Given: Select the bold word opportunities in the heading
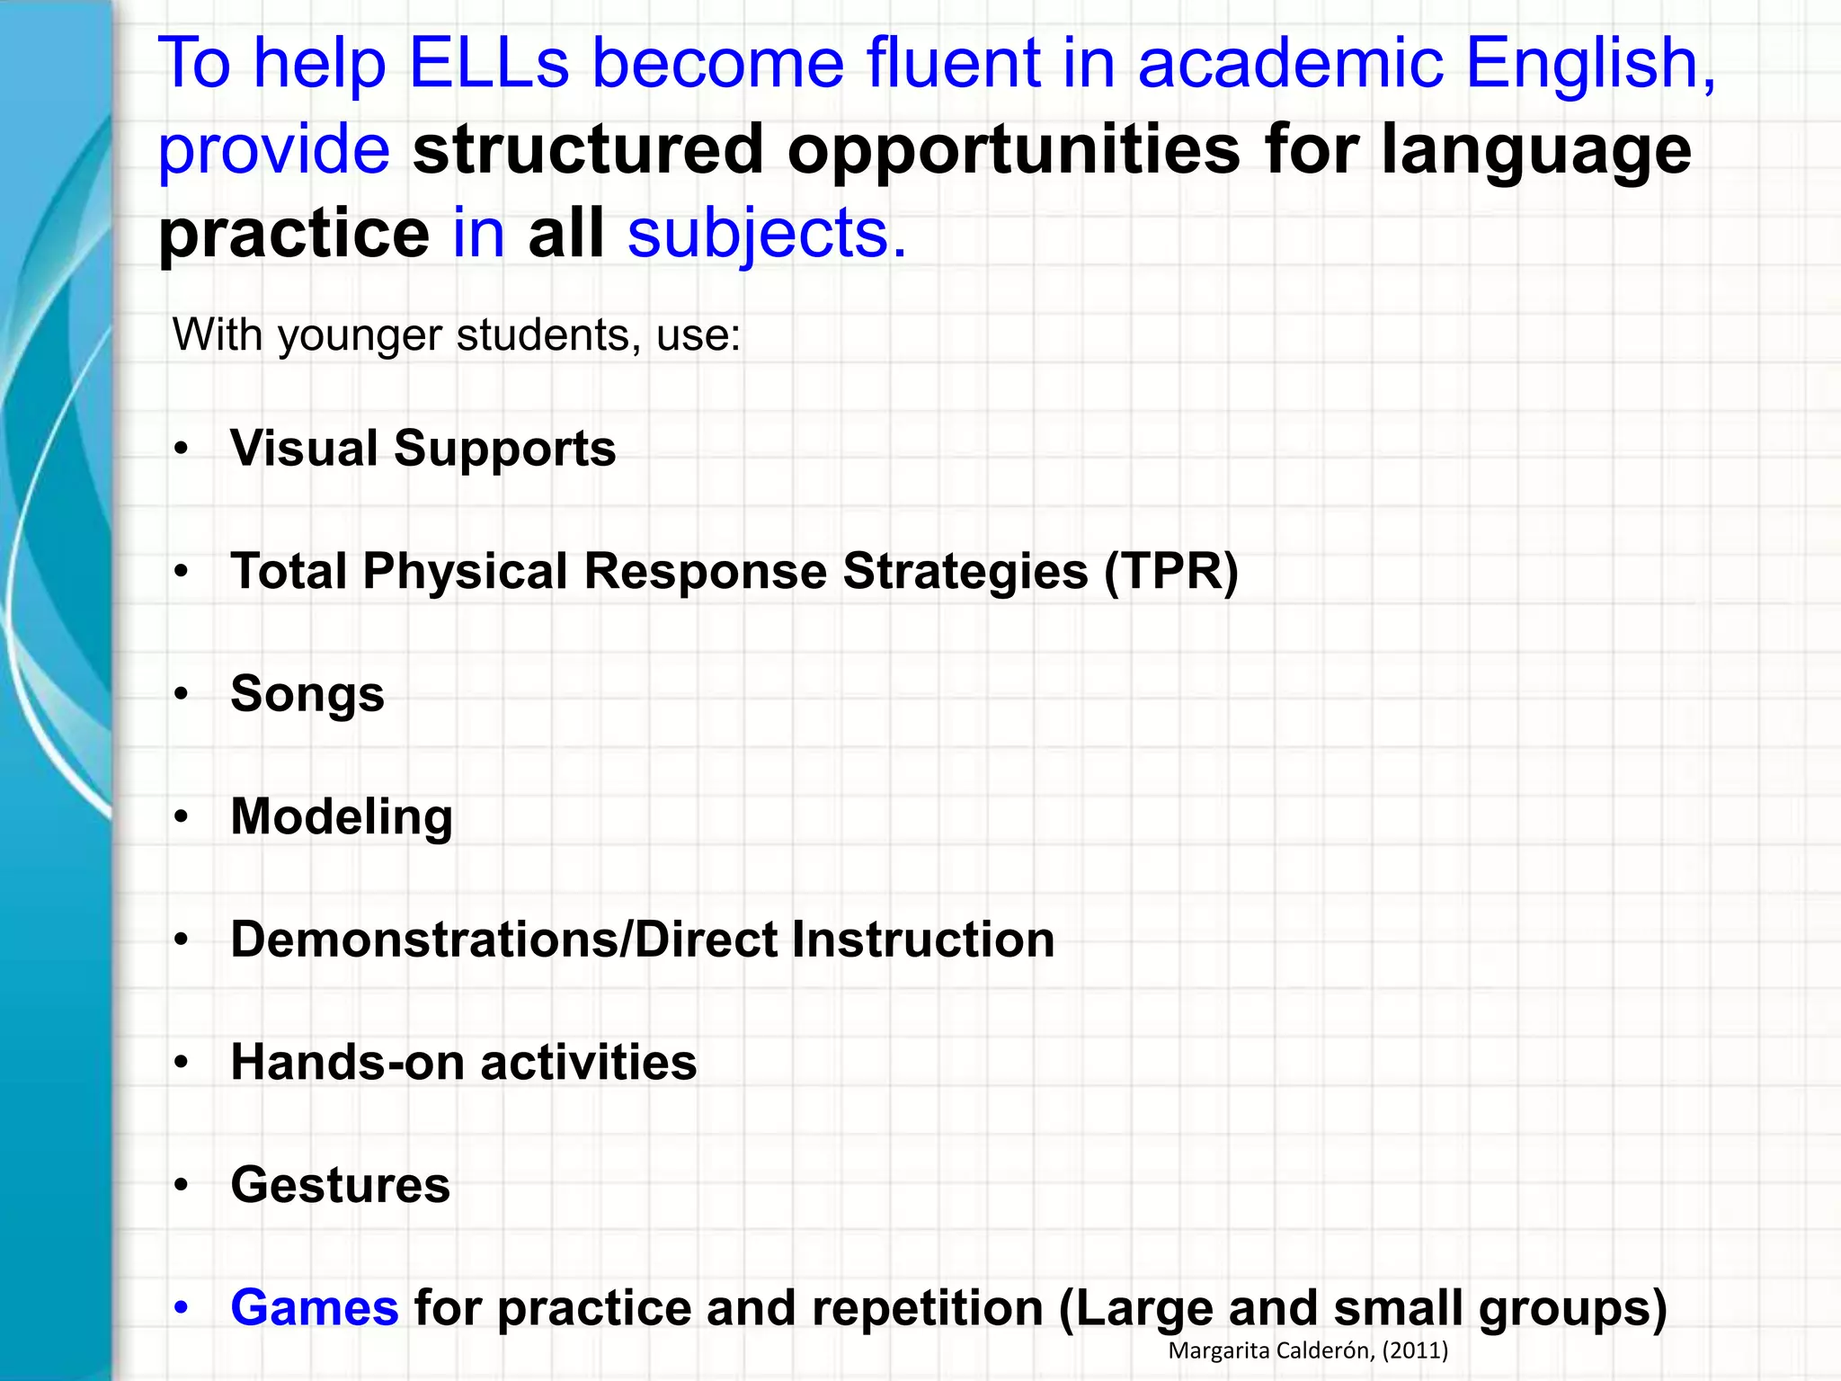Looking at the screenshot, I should point(1014,149).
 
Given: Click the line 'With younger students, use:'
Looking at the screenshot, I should point(457,335).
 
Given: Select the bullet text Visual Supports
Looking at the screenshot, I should point(422,448).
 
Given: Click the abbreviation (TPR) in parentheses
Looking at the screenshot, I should point(1171,571).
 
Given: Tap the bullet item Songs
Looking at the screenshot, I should point(307,694).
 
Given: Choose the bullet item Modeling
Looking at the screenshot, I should point(342,817).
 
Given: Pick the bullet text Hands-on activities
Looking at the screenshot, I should point(463,1062).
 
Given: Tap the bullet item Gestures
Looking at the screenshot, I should point(340,1185).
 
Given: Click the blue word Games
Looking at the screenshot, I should point(314,1307).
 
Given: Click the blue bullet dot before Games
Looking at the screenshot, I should point(182,1307).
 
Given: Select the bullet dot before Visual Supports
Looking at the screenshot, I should point(182,448).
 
